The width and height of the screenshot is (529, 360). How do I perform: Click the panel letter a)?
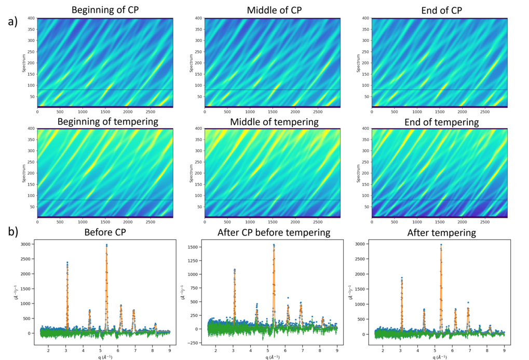(13, 22)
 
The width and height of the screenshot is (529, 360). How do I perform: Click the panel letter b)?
(13, 232)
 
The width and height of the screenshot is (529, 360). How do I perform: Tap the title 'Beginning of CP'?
(105, 10)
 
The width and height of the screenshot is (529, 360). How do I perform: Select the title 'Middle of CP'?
(274, 10)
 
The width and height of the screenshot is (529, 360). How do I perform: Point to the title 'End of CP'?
(441, 10)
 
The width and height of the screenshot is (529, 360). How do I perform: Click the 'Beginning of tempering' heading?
(107, 121)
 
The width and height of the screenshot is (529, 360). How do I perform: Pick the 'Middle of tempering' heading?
(274, 122)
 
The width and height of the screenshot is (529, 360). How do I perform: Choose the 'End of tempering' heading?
(441, 122)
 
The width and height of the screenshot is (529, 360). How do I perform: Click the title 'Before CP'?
(105, 232)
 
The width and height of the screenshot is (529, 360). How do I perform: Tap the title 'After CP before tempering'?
(274, 232)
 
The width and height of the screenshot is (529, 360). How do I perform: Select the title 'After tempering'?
(441, 233)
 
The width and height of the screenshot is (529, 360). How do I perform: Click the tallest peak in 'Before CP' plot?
(106, 245)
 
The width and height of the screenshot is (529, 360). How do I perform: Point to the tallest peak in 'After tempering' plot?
(441, 245)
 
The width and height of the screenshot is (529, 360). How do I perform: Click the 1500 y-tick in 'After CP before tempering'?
(193, 247)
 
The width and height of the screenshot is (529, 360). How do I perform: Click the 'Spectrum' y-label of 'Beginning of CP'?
(23, 63)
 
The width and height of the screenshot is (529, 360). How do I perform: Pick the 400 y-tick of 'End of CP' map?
(365, 18)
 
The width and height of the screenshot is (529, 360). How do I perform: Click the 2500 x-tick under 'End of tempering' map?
(485, 222)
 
